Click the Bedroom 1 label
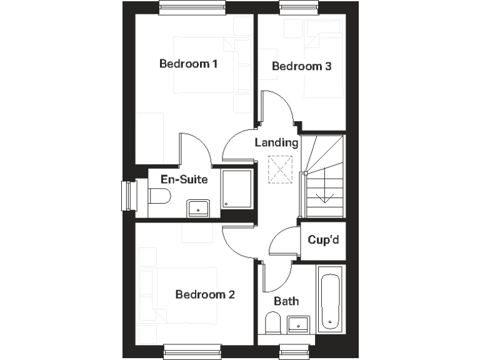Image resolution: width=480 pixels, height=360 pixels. [188, 64]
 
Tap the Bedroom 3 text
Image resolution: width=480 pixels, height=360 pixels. [301, 66]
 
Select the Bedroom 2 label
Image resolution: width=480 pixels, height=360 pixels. [205, 294]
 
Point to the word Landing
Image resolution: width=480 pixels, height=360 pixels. [276, 142]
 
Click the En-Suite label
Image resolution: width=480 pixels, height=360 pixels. [184, 179]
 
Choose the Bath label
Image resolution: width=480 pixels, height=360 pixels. [287, 301]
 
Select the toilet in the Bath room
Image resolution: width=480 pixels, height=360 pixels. [272, 323]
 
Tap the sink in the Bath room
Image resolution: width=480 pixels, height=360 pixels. [298, 324]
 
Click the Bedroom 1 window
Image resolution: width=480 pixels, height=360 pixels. [191, 7]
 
